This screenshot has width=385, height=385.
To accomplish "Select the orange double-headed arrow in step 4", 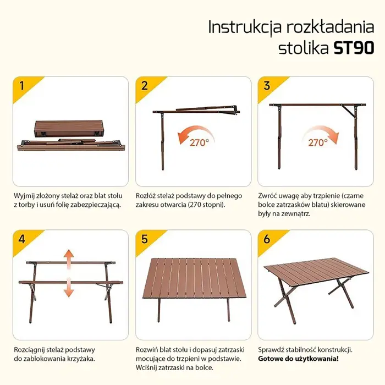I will pyautogui.click(x=69, y=273).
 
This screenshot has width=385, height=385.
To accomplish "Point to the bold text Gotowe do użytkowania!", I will pyautogui.click(x=298, y=359).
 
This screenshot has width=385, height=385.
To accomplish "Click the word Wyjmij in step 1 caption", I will pyautogui.click(x=24, y=195).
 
